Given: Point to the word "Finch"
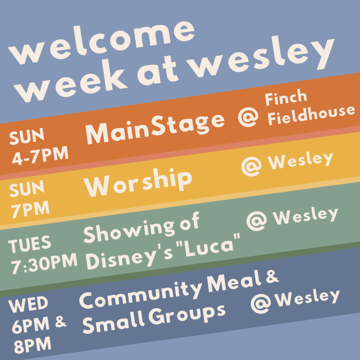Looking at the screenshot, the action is click(x=286, y=97).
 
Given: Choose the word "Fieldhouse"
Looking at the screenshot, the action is click(x=311, y=115).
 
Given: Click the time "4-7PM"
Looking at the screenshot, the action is click(x=40, y=155).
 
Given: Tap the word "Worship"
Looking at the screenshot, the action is click(x=137, y=183).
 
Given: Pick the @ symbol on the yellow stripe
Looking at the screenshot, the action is click(x=251, y=166).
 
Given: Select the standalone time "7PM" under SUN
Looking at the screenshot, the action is click(x=30, y=209).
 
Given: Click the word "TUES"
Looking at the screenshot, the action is click(x=30, y=244).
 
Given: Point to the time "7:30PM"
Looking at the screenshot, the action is click(x=44, y=264).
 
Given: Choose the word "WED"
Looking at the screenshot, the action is click(x=28, y=304).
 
